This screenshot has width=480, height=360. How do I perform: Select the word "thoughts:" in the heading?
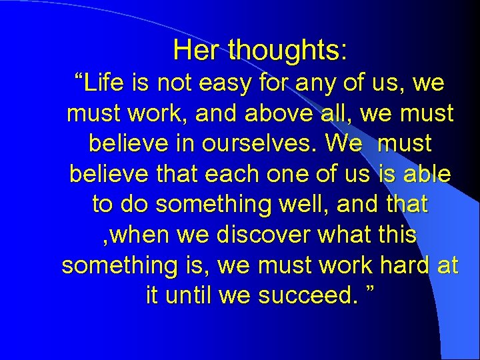tap(287, 51)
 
